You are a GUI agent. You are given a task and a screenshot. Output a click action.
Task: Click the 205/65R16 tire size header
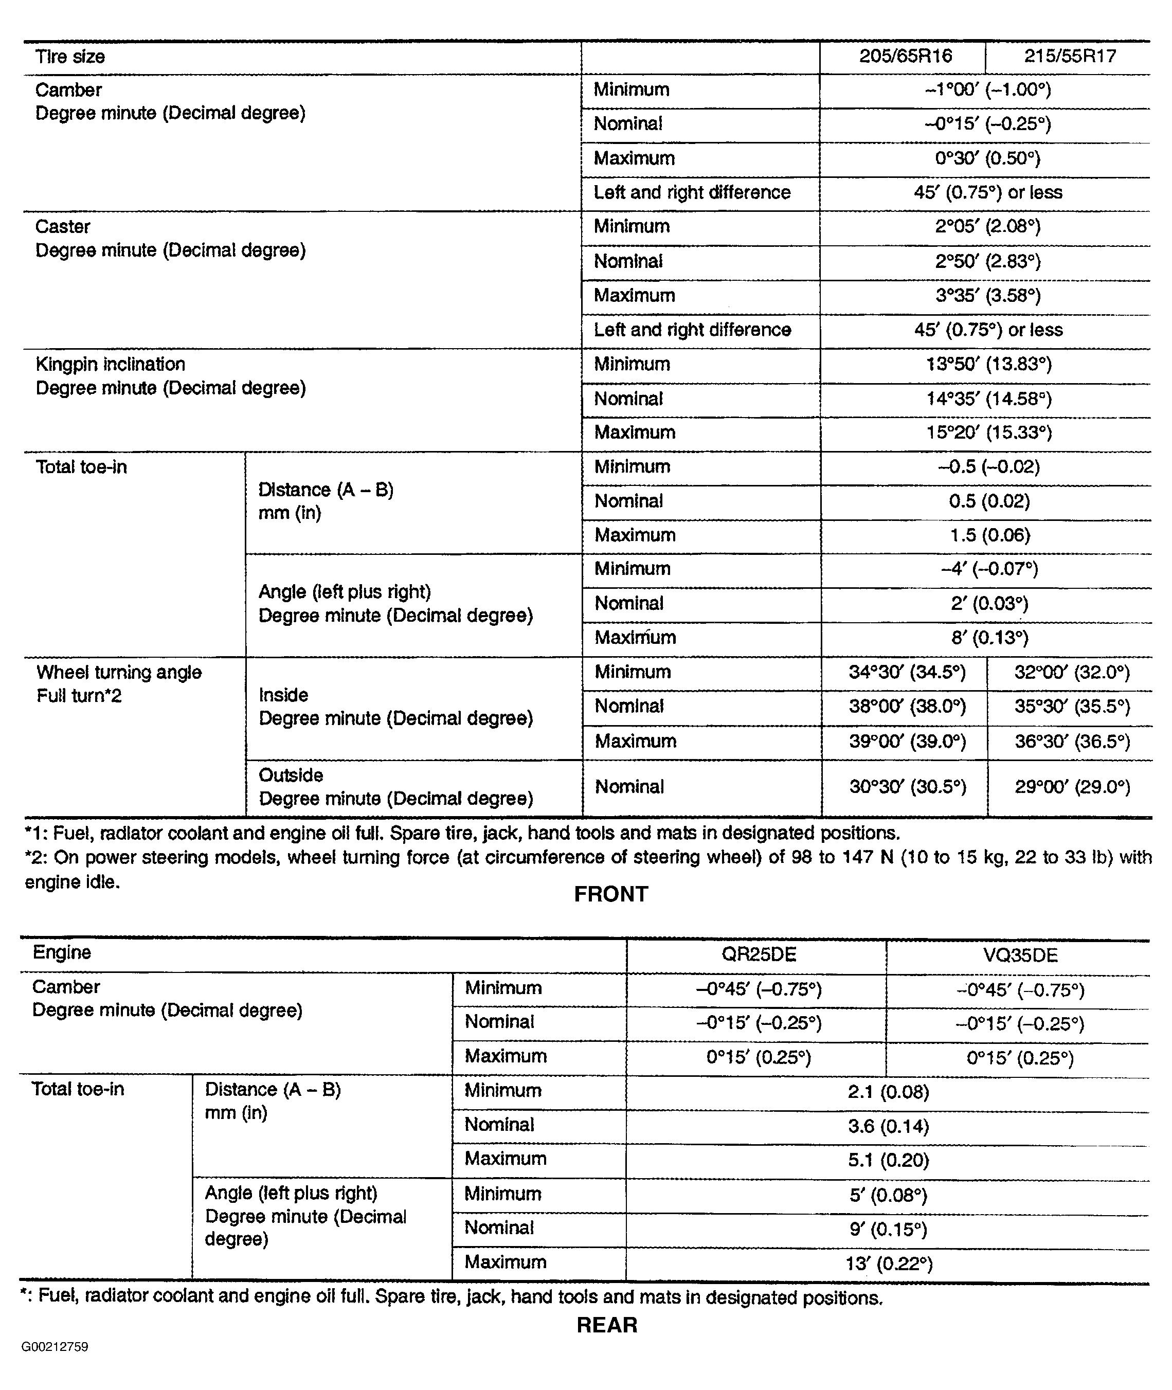(x=905, y=56)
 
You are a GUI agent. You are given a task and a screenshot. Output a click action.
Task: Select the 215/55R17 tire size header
(x=1070, y=56)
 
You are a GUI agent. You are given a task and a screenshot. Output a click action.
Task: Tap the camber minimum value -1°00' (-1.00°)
(x=987, y=89)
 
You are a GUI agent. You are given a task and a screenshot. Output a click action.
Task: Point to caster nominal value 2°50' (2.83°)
(x=987, y=261)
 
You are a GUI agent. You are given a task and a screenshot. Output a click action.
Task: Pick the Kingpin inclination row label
(x=110, y=364)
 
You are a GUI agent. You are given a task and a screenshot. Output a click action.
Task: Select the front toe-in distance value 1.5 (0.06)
(x=989, y=535)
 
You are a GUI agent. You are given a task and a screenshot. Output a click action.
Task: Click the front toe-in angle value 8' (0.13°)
(x=989, y=638)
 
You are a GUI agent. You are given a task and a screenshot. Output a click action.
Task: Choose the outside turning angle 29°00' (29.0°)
(x=1072, y=787)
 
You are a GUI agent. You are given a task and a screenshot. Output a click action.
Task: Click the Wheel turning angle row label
(x=119, y=673)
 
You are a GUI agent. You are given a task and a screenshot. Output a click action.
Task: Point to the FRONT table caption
(x=610, y=894)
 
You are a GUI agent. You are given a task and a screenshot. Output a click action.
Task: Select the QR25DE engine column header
(x=758, y=955)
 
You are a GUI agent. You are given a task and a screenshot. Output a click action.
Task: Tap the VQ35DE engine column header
(x=1020, y=955)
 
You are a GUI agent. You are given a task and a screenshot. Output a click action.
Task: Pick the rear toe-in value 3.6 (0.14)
(x=888, y=1126)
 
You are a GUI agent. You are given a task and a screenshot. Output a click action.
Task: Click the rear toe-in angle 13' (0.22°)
(x=888, y=1264)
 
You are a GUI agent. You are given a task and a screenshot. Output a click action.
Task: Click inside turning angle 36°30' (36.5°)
(x=1072, y=742)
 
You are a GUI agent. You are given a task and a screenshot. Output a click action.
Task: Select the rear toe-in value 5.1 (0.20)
(x=888, y=1160)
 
